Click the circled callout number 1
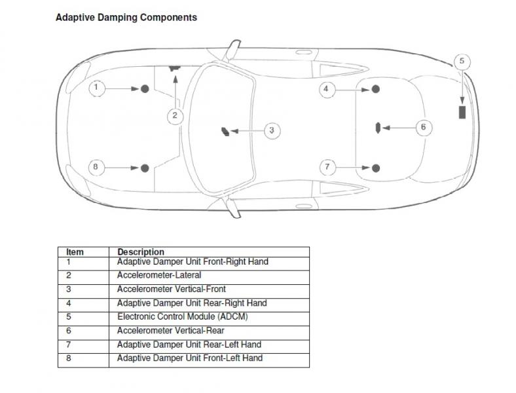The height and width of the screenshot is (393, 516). click(x=96, y=88)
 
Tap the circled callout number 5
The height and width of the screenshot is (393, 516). click(x=462, y=62)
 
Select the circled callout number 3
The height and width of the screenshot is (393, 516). click(x=272, y=130)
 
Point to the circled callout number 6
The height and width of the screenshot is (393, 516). click(x=424, y=127)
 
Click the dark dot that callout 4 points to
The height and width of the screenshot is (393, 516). click(x=376, y=89)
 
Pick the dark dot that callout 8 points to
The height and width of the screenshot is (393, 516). click(x=145, y=168)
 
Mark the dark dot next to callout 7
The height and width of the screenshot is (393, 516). click(x=376, y=168)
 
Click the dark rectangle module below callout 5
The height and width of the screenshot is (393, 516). click(x=462, y=112)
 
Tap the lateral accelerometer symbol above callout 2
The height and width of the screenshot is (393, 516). click(x=175, y=68)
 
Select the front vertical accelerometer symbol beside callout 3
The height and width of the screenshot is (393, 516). click(x=225, y=132)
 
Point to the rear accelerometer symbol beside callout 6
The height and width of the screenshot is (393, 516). click(x=378, y=128)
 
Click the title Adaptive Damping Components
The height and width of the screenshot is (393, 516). click(x=126, y=18)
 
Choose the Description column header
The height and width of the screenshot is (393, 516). click(x=141, y=252)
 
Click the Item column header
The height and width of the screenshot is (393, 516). click(x=75, y=252)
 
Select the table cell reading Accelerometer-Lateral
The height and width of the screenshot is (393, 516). click(x=159, y=275)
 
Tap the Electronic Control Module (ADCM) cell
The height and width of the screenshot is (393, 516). click(x=182, y=316)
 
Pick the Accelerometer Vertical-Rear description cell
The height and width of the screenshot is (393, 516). click(x=170, y=331)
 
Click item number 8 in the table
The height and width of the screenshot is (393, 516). click(x=69, y=358)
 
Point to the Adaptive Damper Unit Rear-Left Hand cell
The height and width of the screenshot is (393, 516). click(x=189, y=345)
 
